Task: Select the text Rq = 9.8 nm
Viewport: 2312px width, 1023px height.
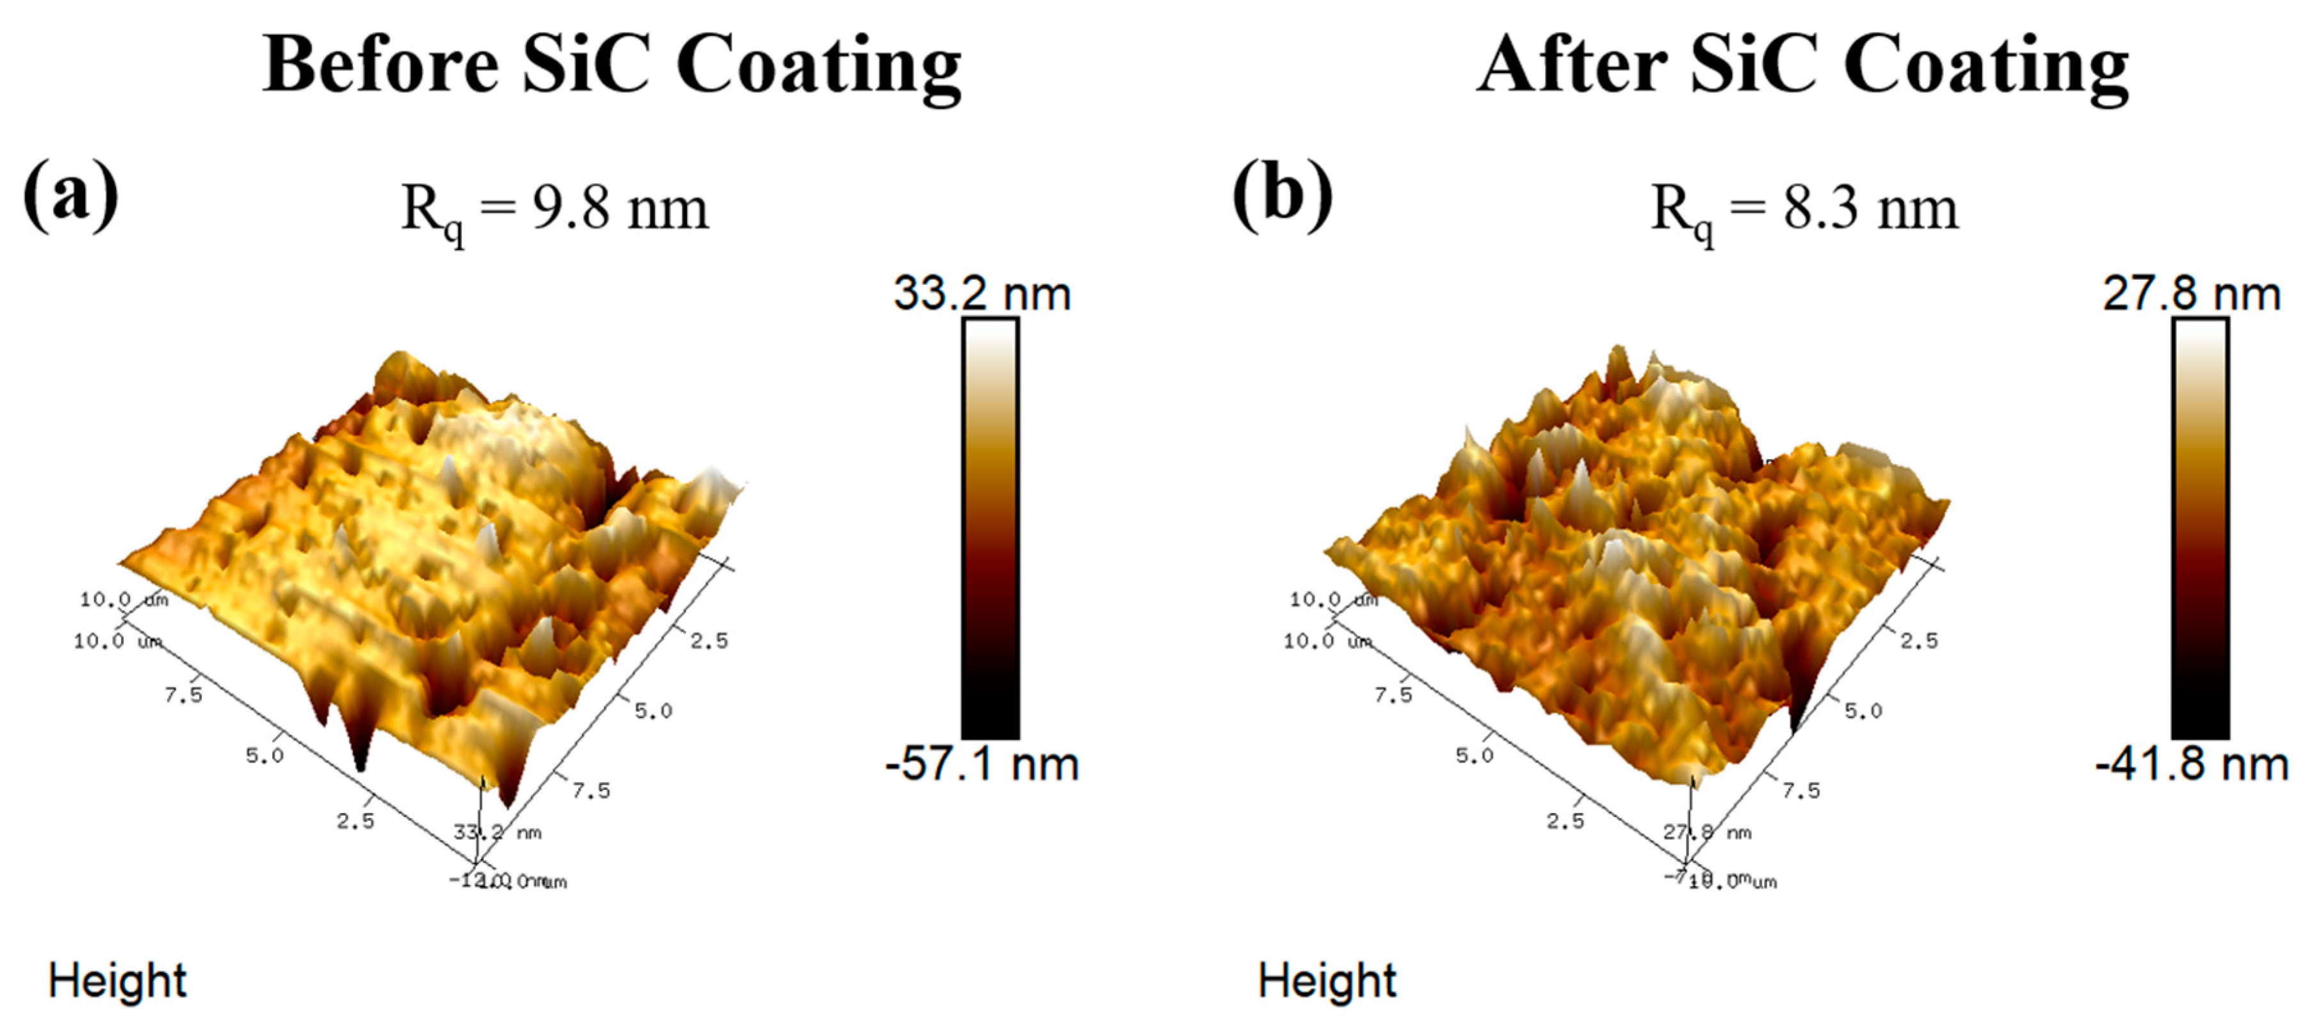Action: tap(554, 210)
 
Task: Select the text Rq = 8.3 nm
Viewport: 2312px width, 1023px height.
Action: tap(1804, 210)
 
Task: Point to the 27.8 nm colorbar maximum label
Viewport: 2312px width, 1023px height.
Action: tap(2191, 293)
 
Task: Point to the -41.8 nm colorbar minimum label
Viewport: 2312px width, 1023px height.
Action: tap(2191, 764)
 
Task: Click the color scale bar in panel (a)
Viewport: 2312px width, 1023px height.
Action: tap(990, 529)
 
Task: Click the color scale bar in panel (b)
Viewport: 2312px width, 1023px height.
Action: tap(2200, 529)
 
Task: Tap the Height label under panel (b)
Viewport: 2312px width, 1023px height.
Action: tap(1327, 980)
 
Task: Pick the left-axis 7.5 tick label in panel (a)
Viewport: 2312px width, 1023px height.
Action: tap(183, 695)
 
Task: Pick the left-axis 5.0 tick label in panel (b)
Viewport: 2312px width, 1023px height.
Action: tap(1474, 755)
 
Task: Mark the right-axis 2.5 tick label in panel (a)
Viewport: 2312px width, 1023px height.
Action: tap(709, 641)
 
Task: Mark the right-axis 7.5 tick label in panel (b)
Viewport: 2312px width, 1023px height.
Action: tap(1800, 791)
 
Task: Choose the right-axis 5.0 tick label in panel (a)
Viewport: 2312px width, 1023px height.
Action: tap(652, 711)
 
